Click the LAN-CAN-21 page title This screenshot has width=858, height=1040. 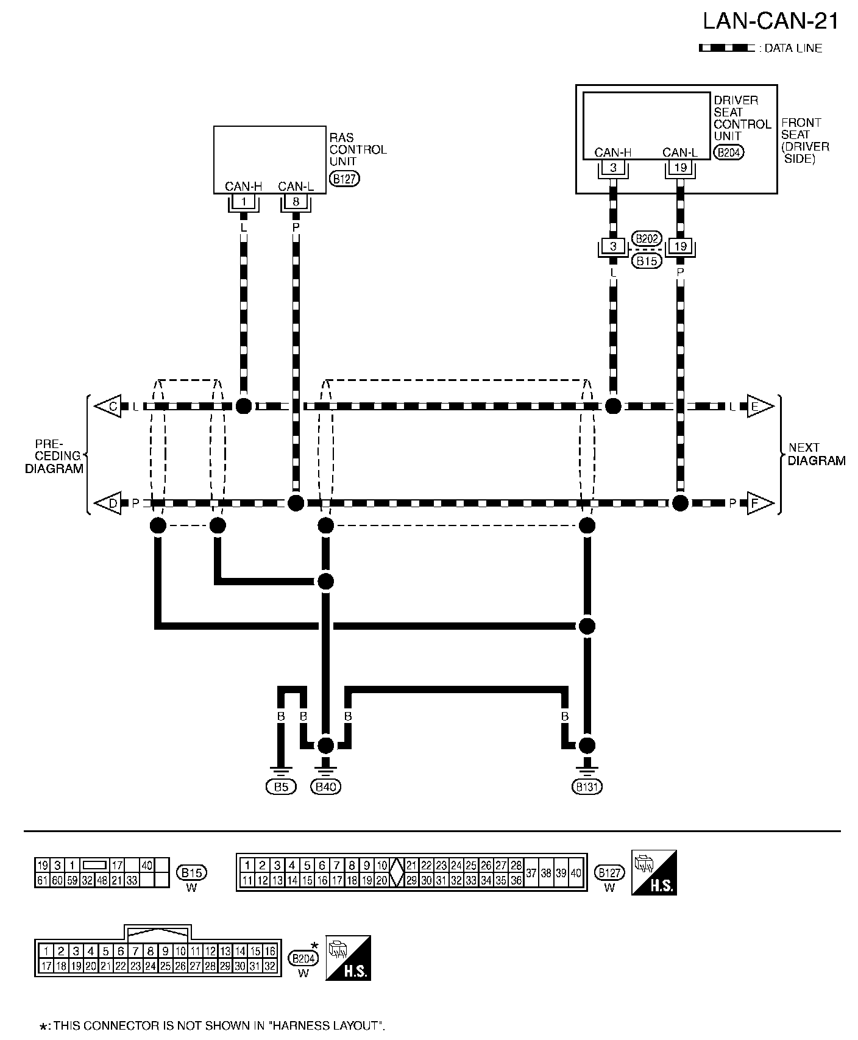(770, 21)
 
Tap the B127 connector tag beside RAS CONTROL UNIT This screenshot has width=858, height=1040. (344, 178)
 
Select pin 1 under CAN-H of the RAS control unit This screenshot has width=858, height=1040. (244, 201)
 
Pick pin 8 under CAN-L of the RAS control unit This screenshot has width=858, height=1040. (296, 201)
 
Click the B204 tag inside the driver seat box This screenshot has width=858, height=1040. (729, 152)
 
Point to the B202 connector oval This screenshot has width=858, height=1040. (646, 238)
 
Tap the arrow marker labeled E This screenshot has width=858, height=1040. (759, 406)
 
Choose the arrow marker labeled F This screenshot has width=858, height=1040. (759, 504)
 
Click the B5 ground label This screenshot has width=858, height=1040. (280, 787)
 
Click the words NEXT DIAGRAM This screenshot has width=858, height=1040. (815, 454)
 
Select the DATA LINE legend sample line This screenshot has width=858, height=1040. (726, 48)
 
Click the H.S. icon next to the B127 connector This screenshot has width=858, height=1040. (654, 872)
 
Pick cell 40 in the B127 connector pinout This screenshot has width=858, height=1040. (576, 873)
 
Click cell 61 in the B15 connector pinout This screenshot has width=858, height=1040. (42, 880)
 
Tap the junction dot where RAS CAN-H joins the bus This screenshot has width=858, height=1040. (244, 406)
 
